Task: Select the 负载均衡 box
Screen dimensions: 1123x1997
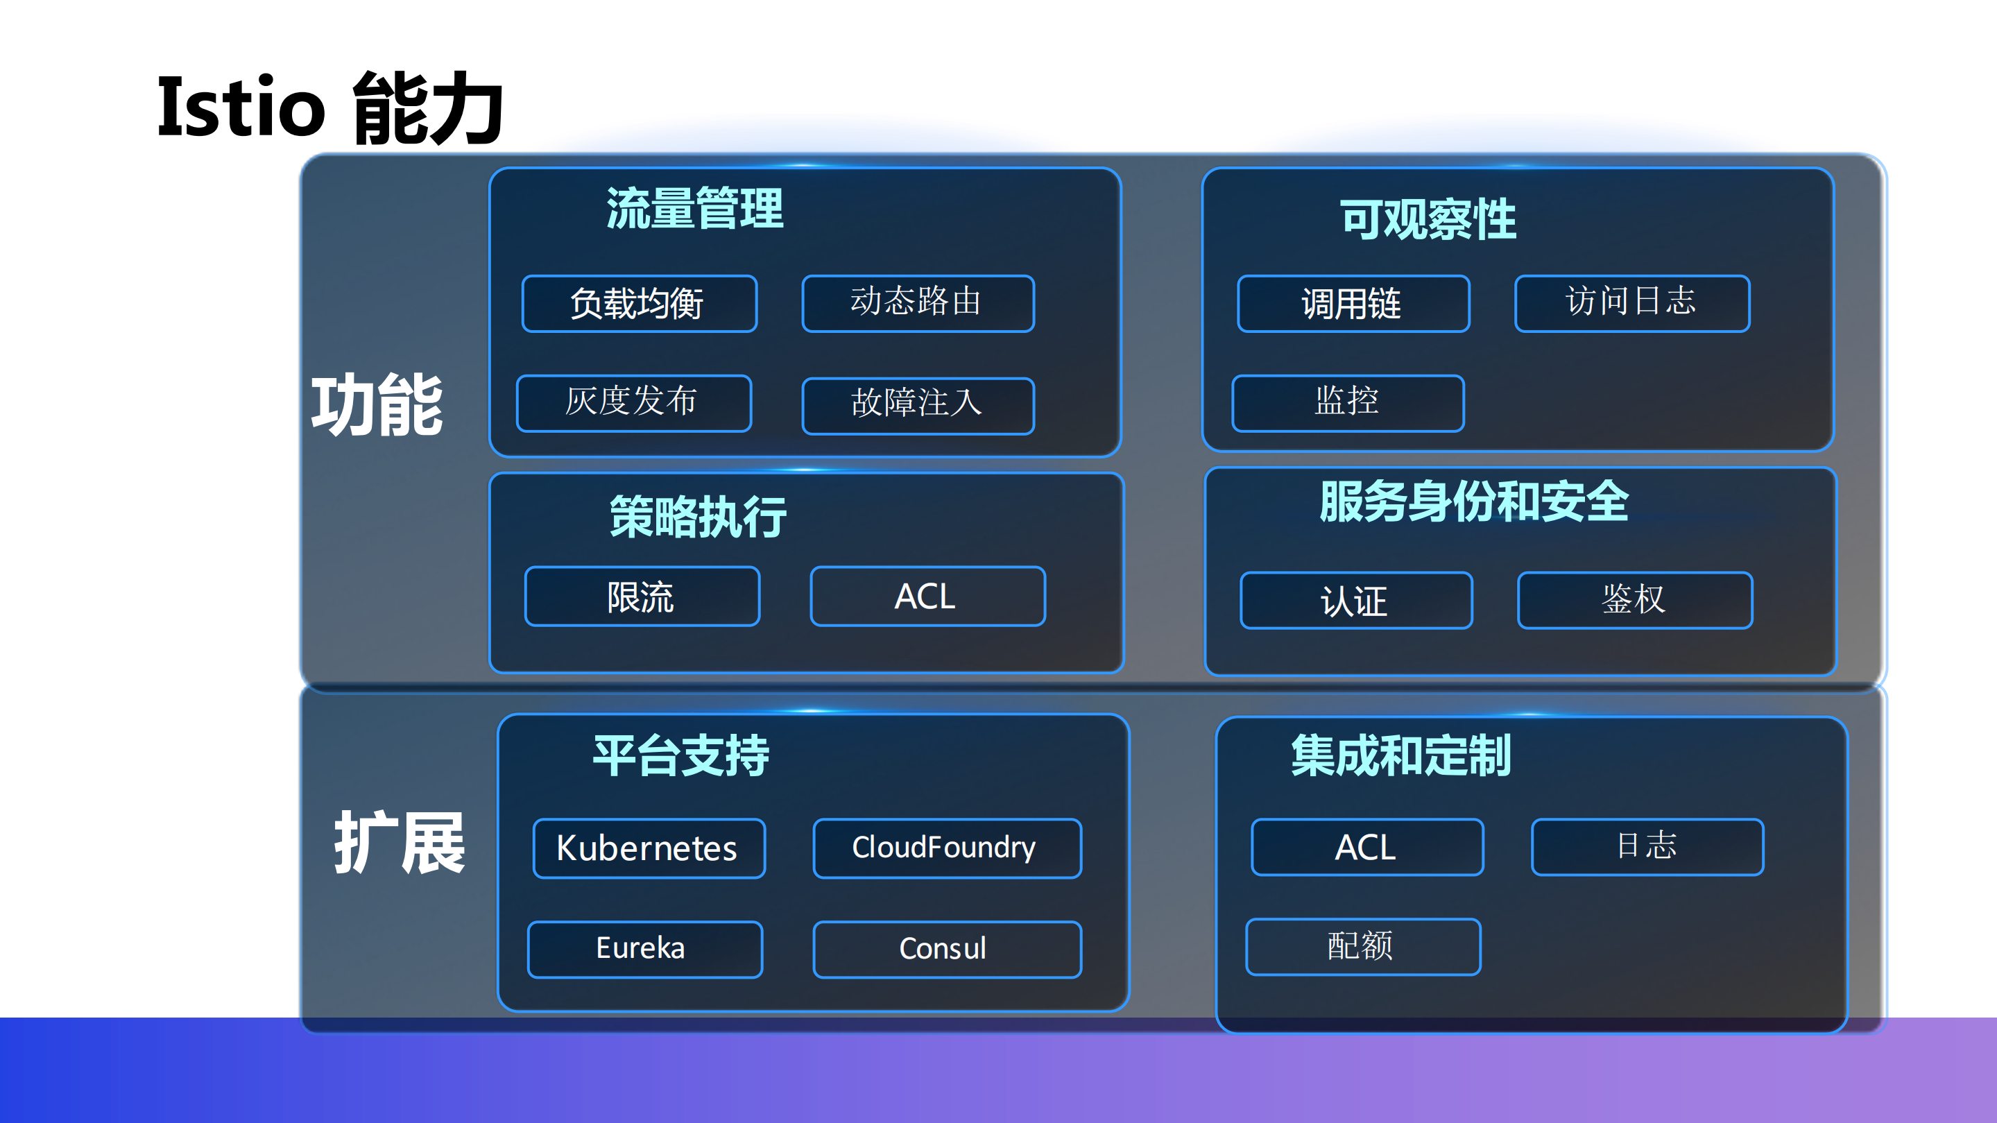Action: (639, 304)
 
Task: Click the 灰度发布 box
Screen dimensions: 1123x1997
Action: (633, 403)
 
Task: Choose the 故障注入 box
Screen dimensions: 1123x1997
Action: (918, 405)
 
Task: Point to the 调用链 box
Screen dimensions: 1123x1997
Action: (1353, 304)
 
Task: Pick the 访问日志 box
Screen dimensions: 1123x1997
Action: (1632, 303)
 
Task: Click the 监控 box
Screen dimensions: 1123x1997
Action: (1347, 403)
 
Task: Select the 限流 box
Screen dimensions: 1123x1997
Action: (642, 596)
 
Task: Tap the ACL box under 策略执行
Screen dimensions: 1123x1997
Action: (927, 596)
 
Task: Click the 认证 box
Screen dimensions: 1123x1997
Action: (1356, 601)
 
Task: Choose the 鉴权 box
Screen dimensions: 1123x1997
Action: (1634, 601)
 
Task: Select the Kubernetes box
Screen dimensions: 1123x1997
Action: (649, 848)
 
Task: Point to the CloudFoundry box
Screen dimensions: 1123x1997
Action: (947, 848)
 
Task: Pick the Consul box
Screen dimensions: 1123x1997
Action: (947, 949)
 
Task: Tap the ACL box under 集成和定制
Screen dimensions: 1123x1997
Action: (1366, 847)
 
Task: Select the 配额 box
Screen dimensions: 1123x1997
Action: (1362, 946)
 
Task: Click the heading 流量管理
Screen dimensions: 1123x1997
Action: (694, 209)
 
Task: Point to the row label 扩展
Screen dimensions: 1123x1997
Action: (400, 843)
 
